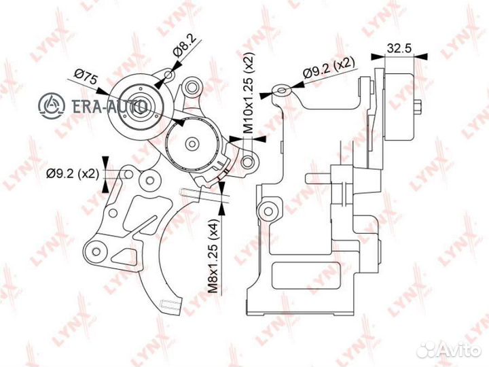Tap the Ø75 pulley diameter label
[x=86, y=78]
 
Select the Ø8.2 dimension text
[x=185, y=46]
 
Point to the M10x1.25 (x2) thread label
[x=249, y=92]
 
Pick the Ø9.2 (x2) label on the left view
[x=73, y=173]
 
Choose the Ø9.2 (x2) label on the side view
[x=329, y=68]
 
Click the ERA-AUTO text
[x=109, y=107]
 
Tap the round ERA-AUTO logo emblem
[x=52, y=106]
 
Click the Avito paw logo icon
[x=427, y=349]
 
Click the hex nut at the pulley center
[x=141, y=107]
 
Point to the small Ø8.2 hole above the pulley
[x=168, y=75]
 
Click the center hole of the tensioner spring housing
[x=192, y=143]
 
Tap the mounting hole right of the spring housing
[x=248, y=162]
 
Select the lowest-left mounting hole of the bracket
[x=96, y=251]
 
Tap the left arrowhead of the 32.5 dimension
[x=378, y=56]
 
